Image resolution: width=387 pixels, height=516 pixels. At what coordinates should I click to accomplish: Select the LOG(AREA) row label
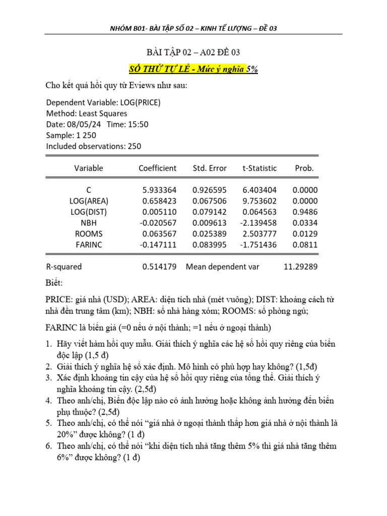(x=89, y=201)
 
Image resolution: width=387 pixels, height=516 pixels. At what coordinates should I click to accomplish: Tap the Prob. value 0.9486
(x=305, y=212)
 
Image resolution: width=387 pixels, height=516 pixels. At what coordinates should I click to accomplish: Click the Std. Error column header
(x=210, y=168)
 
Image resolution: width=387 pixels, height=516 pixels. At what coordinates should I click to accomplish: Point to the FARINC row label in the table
(x=89, y=244)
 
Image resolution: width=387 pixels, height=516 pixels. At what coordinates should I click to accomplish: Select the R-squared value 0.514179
(x=159, y=267)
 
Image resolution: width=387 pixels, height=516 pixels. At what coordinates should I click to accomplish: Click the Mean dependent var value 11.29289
(x=300, y=267)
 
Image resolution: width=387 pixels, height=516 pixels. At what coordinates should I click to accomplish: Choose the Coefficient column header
(x=158, y=168)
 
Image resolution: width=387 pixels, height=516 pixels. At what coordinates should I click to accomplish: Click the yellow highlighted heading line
(x=193, y=70)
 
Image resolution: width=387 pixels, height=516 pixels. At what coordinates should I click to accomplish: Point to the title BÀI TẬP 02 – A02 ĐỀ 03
(x=193, y=53)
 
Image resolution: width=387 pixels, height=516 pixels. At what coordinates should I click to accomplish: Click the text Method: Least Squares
(x=87, y=113)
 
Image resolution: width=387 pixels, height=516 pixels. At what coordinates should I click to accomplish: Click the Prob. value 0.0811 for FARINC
(x=305, y=244)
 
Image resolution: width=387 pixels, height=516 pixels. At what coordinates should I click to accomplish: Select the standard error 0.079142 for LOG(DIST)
(x=210, y=212)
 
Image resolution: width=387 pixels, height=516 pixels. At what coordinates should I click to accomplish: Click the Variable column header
(x=89, y=168)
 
